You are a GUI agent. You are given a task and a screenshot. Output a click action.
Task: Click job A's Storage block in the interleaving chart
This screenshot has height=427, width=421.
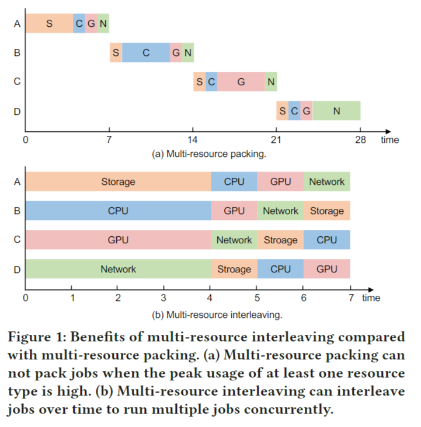[118, 181]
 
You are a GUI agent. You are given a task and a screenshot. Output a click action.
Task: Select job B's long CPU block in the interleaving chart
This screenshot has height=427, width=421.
[118, 211]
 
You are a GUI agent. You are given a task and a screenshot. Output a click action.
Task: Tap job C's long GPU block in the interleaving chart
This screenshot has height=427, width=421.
[118, 240]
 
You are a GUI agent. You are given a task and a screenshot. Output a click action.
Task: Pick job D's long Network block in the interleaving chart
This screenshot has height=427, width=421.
[118, 269]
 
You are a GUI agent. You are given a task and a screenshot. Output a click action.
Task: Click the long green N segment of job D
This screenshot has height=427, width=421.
[336, 111]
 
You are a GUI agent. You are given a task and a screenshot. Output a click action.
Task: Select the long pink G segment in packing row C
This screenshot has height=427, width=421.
[241, 82]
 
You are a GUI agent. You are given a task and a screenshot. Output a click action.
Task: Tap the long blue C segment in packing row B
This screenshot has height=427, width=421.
[146, 52]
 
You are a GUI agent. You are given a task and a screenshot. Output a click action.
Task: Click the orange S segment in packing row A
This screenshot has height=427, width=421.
[49, 23]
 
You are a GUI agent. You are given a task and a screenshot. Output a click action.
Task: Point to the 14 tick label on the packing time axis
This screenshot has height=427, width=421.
[193, 140]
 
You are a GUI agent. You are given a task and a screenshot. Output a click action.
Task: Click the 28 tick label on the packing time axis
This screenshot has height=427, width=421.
[360, 140]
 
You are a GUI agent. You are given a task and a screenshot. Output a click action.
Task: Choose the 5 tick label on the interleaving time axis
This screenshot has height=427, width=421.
[257, 297]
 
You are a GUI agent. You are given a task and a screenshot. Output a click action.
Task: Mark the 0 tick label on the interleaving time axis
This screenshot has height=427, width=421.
[25, 297]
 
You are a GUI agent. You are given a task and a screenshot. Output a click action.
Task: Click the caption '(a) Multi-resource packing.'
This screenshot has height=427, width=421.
[208, 154]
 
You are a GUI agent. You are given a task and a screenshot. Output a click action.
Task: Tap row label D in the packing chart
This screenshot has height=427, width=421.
[16, 111]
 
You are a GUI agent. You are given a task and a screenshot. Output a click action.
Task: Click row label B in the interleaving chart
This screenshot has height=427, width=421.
[16, 211]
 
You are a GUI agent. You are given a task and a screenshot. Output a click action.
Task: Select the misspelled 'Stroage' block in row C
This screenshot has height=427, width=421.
[280, 240]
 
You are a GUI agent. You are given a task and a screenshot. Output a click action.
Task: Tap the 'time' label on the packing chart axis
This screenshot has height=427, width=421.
[390, 140]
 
